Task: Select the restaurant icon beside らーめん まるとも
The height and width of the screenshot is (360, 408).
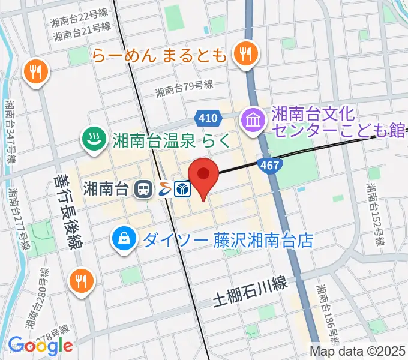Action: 245,55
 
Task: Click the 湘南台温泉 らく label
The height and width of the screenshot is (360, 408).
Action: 171,140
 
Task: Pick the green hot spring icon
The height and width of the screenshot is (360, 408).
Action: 93,139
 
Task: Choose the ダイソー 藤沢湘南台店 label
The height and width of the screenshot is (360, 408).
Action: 228,241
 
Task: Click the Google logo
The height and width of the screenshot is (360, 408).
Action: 40,346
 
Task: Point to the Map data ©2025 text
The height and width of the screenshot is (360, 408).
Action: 358,351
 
